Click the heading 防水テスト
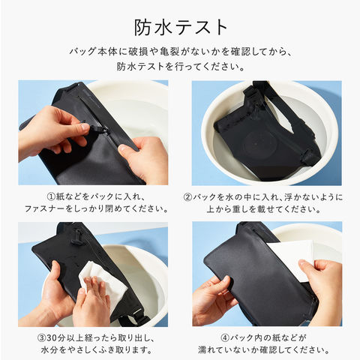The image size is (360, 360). tap(181, 28)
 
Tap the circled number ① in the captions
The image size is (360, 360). tap(51, 196)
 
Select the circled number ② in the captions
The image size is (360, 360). tap(187, 197)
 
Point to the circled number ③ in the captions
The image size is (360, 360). tap(41, 338)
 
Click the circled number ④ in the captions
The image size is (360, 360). tap(225, 338)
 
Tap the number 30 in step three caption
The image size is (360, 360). tap(52, 338)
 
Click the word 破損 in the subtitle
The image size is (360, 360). tap(139, 51)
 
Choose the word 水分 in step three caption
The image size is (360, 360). tap(49, 349)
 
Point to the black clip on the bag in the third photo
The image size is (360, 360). tap(78, 237)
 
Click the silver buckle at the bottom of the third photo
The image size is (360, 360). tap(137, 313)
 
